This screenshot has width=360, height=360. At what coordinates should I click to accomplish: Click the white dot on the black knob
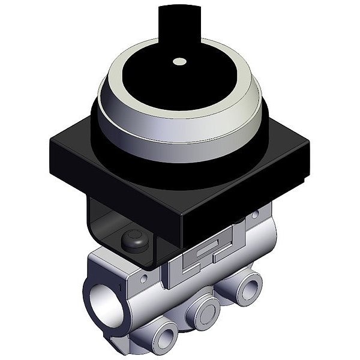click(179, 61)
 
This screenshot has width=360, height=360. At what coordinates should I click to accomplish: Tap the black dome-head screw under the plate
click(131, 240)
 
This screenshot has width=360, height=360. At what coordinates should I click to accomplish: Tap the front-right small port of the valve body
click(247, 282)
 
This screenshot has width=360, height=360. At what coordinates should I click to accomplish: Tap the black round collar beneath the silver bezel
click(180, 150)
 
